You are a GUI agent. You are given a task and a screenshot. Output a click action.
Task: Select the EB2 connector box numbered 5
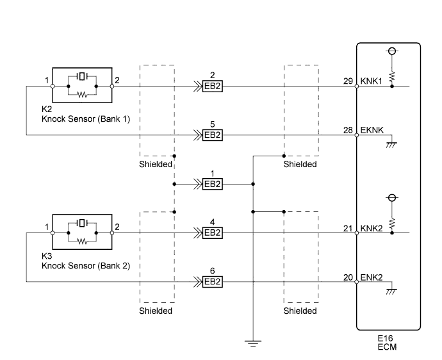(x=211, y=135)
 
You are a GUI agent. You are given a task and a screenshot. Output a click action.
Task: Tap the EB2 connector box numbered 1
(x=211, y=184)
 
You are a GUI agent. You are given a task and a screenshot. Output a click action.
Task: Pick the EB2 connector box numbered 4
(x=211, y=233)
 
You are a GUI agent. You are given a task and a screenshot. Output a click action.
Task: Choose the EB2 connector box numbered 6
(x=211, y=281)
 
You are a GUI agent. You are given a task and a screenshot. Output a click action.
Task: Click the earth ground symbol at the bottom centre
(x=254, y=343)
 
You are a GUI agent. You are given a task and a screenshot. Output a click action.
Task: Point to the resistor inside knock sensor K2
(x=81, y=94)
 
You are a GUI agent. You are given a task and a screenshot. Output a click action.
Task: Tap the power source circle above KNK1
(x=392, y=51)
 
